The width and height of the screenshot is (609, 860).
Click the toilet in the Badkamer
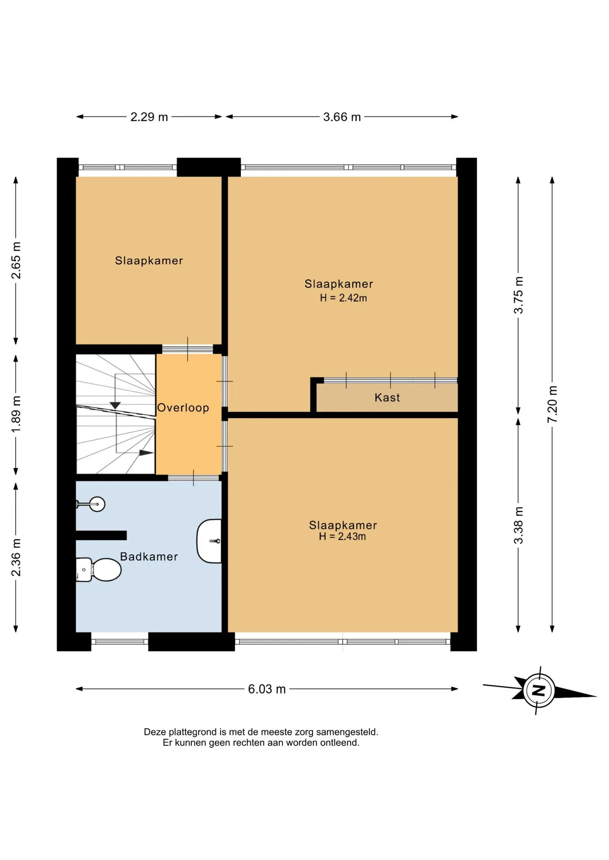(x=99, y=569)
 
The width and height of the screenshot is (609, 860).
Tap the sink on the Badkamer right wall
(x=209, y=541)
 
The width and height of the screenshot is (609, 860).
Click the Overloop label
(x=183, y=408)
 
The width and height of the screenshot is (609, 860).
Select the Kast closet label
(x=387, y=397)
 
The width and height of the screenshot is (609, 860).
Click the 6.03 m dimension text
(x=267, y=689)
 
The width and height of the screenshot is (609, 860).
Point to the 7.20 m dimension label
(x=552, y=404)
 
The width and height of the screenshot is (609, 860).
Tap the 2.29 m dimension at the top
(x=149, y=117)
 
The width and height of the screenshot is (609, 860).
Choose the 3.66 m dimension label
(x=342, y=117)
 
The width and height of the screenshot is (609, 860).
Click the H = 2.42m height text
(x=344, y=298)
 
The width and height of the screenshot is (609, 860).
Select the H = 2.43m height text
(x=343, y=536)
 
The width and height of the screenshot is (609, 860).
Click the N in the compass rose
(x=539, y=690)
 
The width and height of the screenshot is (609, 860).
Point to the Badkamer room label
(x=149, y=557)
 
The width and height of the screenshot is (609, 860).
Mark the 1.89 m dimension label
(x=16, y=415)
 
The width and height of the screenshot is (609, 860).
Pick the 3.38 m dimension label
(x=518, y=525)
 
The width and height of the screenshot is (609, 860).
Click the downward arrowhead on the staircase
(x=115, y=405)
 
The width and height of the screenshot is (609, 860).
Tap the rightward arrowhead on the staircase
(x=146, y=453)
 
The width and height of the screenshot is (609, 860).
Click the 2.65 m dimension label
(x=16, y=260)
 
